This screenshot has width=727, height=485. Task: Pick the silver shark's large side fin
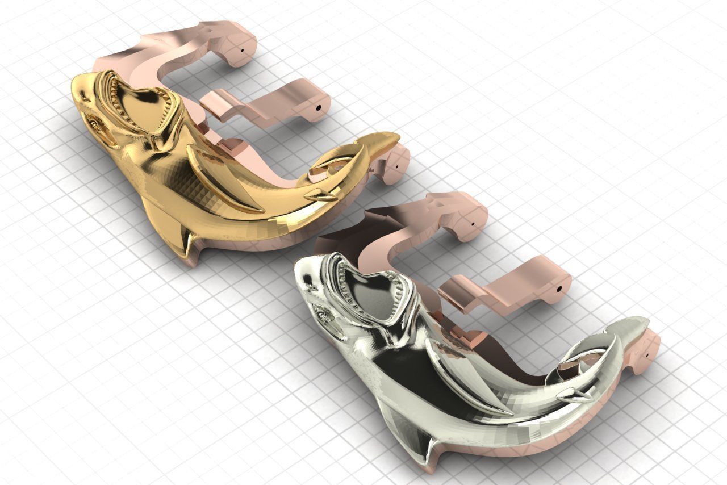tap(463, 375)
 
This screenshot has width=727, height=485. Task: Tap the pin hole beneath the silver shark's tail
tap(648, 356)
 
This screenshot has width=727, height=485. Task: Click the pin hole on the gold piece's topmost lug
tap(244, 51)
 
